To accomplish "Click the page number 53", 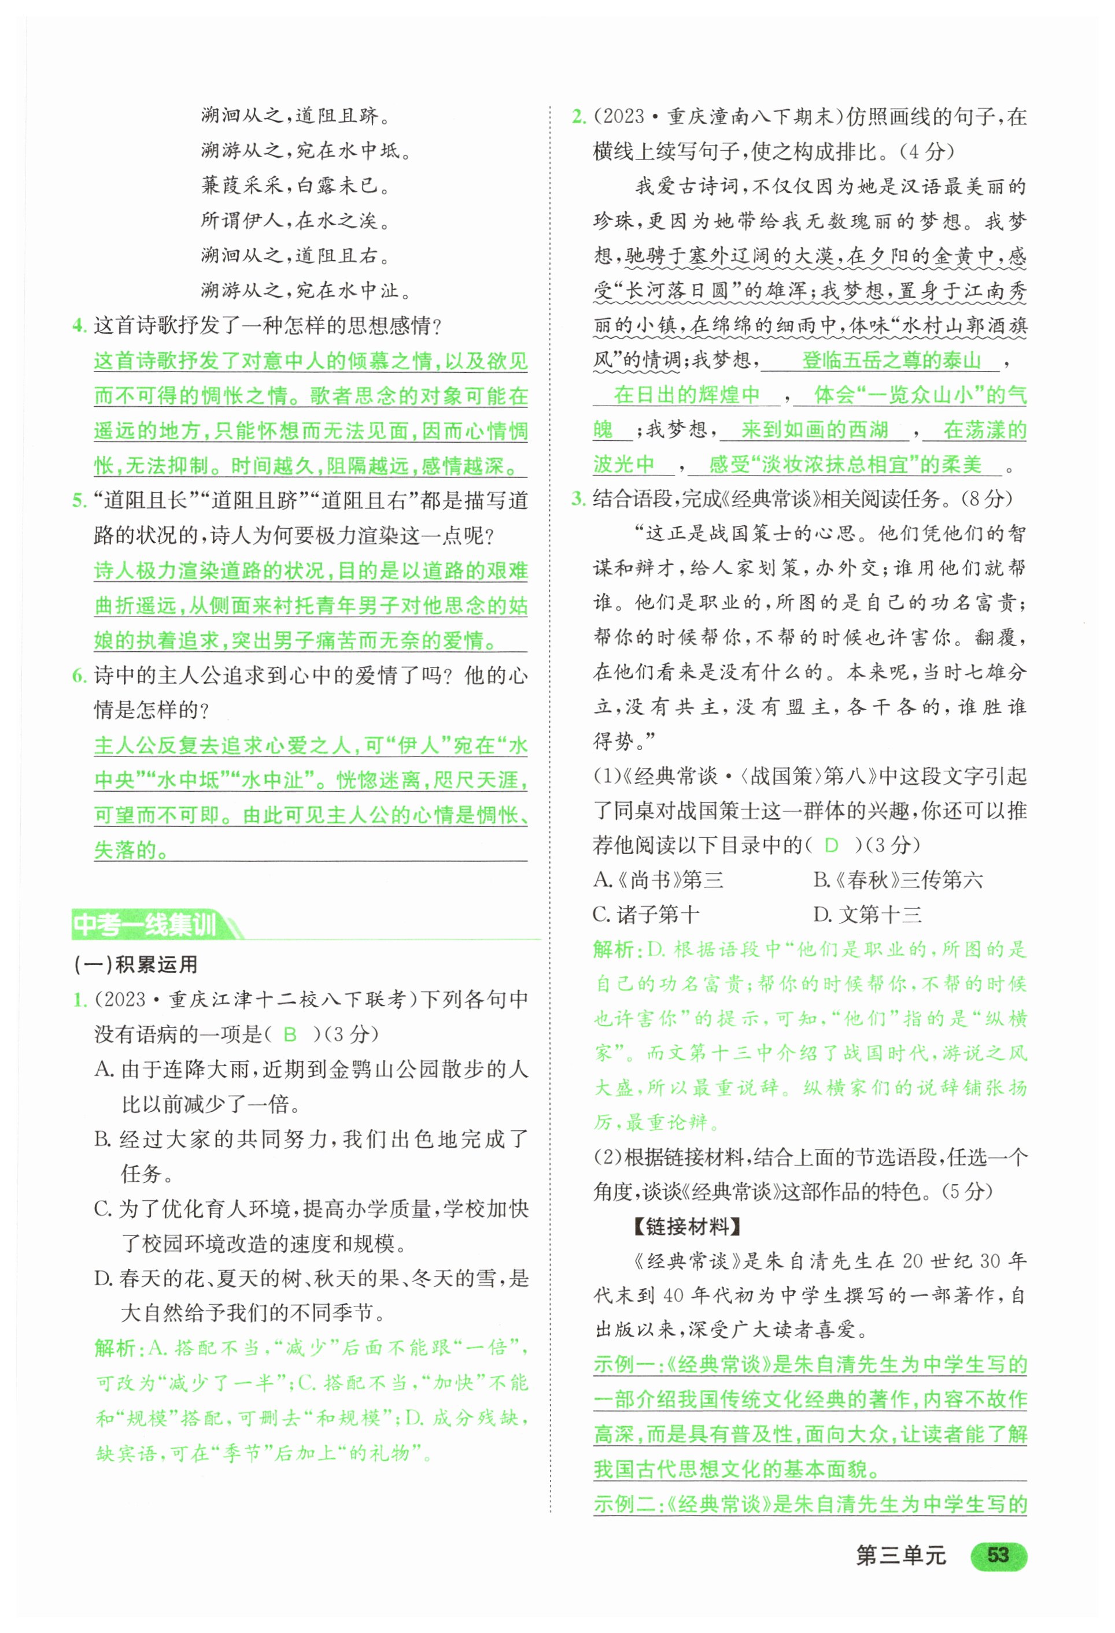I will [998, 1555].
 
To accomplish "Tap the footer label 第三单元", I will [900, 1556].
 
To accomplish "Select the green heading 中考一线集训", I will [146, 924].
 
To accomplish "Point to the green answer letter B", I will [290, 1034].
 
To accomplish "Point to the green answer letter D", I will [831, 845].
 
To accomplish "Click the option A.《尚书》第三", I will [658, 879].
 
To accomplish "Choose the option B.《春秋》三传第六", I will [898, 879].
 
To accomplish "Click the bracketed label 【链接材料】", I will [685, 1227].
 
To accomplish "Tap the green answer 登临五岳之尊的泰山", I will [891, 361].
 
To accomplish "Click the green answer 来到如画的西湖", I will [814, 430].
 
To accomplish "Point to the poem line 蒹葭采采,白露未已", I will [296, 185].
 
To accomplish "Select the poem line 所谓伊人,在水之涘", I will [296, 221].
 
